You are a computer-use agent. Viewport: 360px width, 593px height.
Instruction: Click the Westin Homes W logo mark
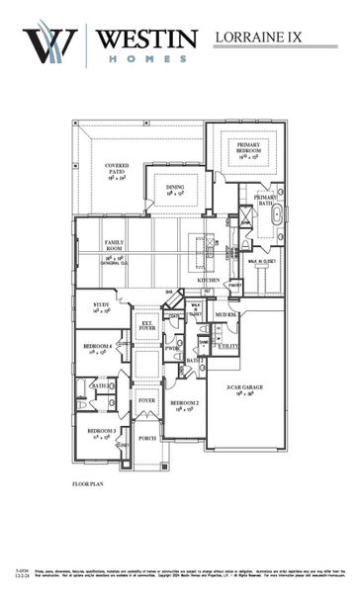(50, 45)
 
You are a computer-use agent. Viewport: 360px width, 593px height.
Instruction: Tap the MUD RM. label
(226, 314)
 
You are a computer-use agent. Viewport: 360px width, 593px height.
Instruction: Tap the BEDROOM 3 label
(100, 432)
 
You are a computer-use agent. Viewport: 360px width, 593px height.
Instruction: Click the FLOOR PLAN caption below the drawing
(89, 484)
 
